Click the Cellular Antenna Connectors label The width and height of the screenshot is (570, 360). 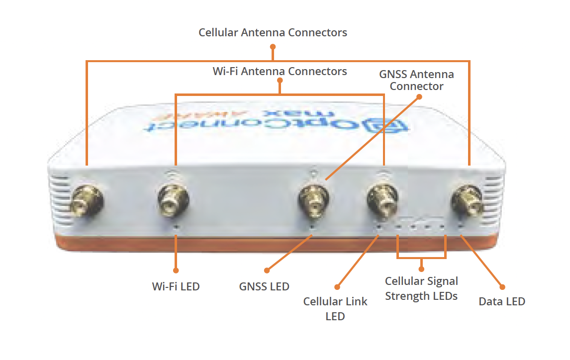point(273,33)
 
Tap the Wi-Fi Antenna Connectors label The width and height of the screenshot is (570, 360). point(280,71)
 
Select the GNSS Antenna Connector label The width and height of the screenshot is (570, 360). point(416,80)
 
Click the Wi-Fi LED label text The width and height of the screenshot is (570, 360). point(176,286)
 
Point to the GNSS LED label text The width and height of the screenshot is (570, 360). point(264,286)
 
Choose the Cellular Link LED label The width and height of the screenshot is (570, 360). point(335,308)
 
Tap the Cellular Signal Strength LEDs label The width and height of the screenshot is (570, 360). point(421,288)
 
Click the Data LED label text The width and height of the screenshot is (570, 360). point(501,301)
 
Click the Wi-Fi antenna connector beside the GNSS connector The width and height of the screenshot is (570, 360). point(382,201)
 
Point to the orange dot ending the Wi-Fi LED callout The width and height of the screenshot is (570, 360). point(176,270)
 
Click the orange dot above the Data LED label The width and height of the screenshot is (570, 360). point(502,287)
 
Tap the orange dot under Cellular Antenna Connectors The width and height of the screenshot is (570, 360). point(273,46)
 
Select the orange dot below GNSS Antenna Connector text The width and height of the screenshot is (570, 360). point(418,97)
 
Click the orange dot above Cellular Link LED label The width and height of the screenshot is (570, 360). point(337,287)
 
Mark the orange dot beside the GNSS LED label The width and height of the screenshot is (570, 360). point(267,270)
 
